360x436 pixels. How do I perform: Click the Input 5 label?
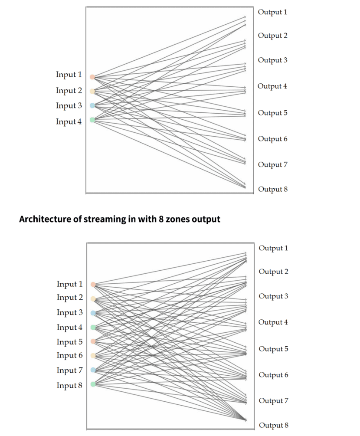(x=69, y=342)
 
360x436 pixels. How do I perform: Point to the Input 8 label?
(x=69, y=385)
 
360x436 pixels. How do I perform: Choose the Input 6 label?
(x=69, y=355)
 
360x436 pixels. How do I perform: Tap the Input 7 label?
(x=69, y=370)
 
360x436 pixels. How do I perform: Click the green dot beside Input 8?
(x=93, y=384)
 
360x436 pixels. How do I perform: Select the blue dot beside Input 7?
(x=93, y=370)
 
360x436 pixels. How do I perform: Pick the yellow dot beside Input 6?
(x=93, y=355)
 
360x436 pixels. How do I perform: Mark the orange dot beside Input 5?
(x=93, y=341)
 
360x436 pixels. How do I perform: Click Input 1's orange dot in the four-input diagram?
(x=92, y=77)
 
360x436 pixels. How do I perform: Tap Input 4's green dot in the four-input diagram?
(x=92, y=120)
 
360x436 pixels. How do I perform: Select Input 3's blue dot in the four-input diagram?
(x=92, y=105)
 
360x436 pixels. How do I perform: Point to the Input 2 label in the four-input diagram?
(x=69, y=91)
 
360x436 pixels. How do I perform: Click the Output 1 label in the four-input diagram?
(x=272, y=12)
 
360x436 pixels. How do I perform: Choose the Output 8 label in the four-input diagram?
(x=273, y=189)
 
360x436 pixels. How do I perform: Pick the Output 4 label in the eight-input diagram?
(x=273, y=322)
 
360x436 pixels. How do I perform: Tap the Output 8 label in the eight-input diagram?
(x=274, y=425)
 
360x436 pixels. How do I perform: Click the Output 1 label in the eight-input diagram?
(x=273, y=248)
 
